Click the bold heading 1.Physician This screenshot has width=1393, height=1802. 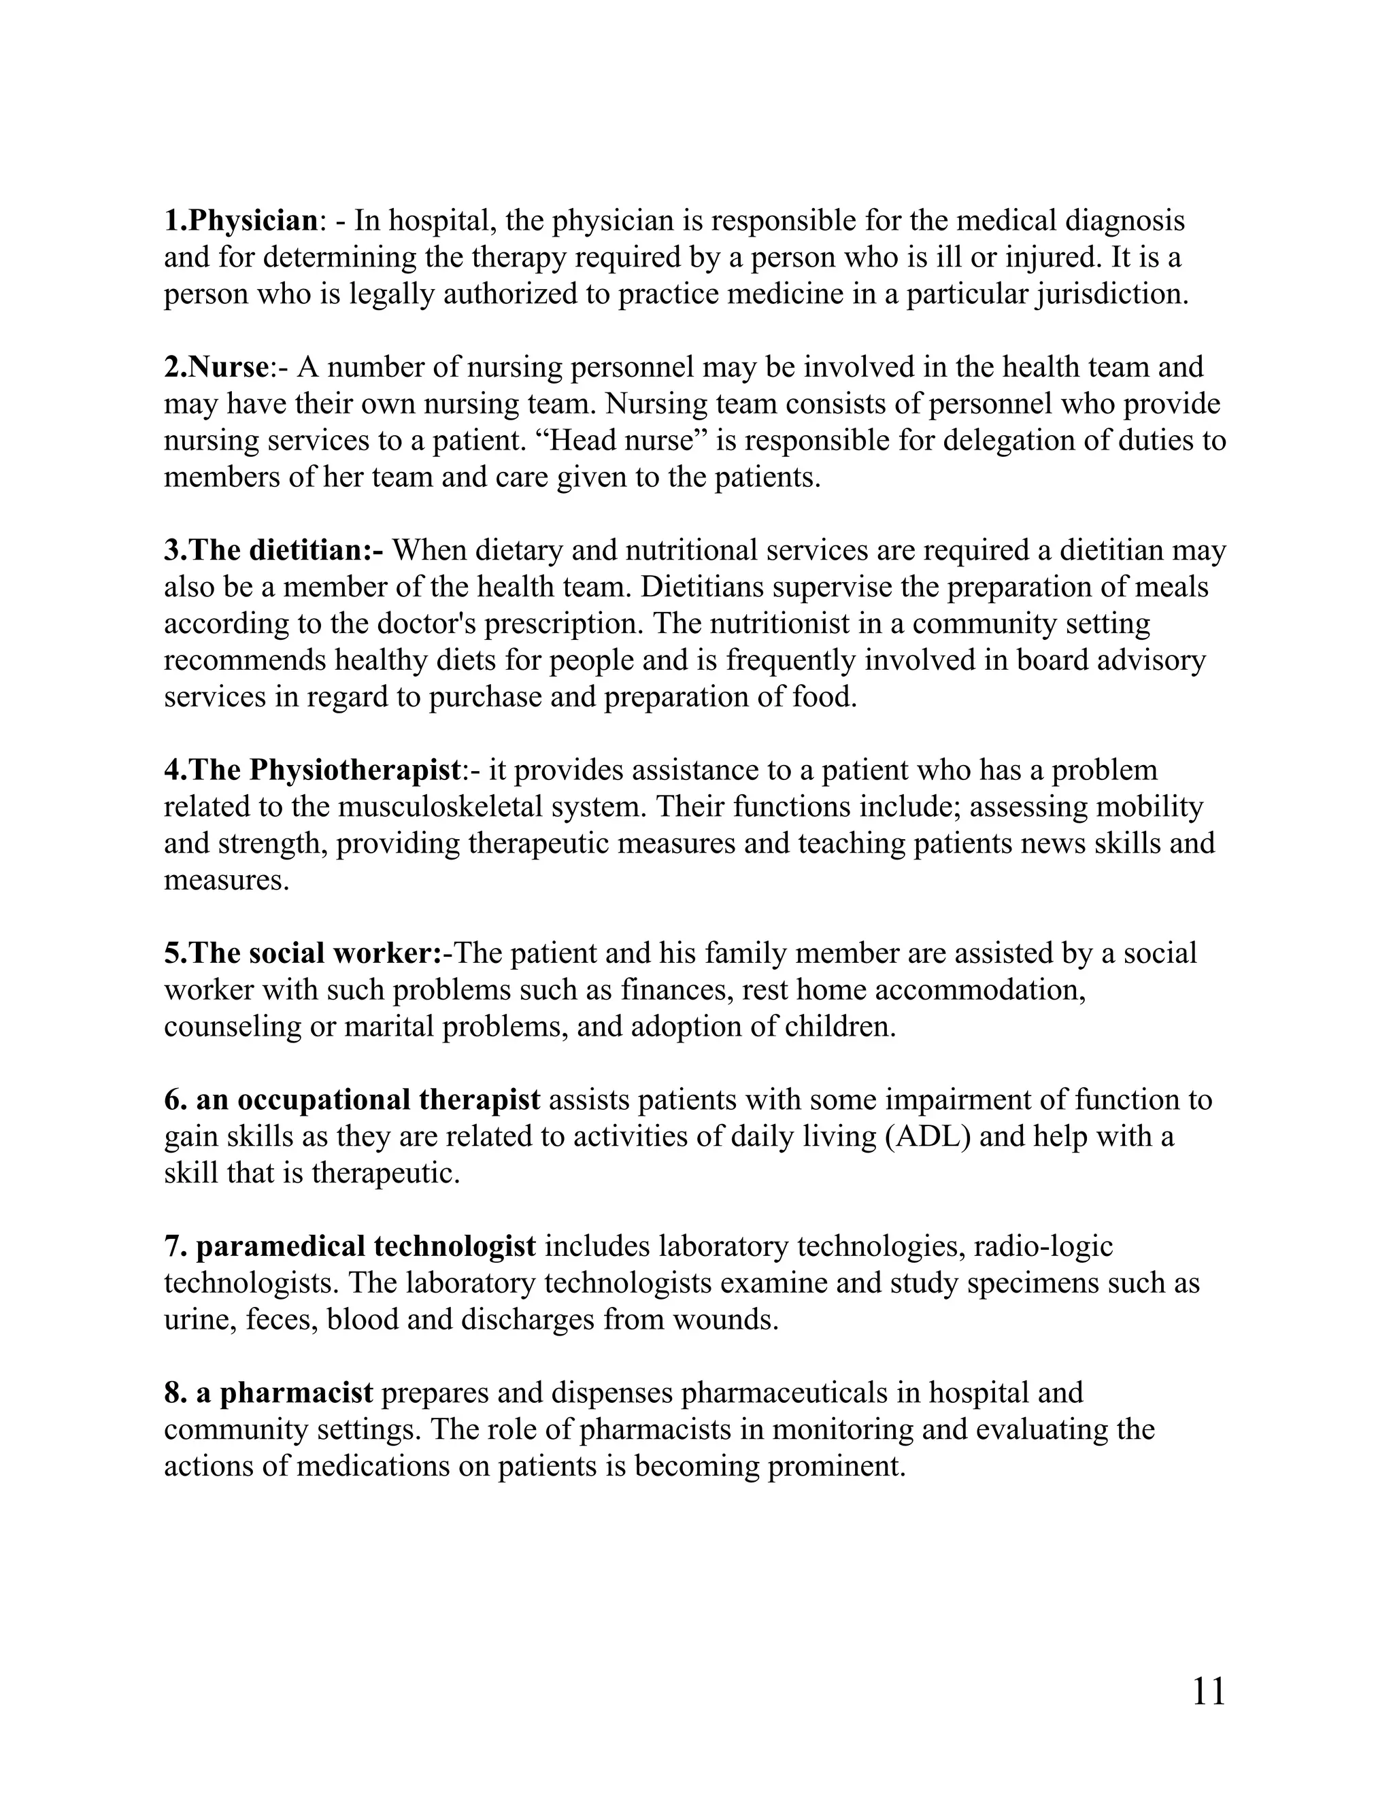tap(241, 221)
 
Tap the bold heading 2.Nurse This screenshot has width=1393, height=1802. tap(216, 367)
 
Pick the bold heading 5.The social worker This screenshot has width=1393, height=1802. tap(303, 954)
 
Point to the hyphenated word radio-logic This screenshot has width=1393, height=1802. tap(1043, 1246)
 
